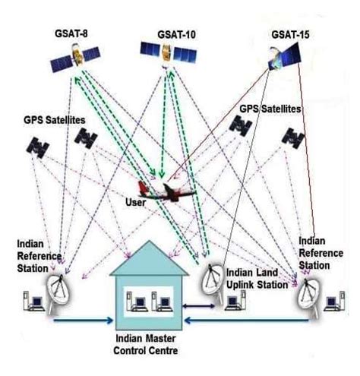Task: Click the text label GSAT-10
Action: (x=165, y=33)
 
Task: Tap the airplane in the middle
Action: (x=164, y=191)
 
